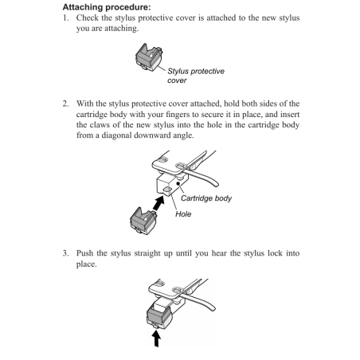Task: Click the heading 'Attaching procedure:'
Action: click(x=107, y=7)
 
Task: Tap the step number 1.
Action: click(x=65, y=18)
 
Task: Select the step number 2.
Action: click(x=65, y=104)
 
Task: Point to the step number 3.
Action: click(x=65, y=253)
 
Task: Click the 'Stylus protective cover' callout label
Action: click(x=196, y=76)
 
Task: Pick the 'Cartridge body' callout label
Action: click(x=206, y=198)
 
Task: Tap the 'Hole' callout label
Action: click(x=183, y=214)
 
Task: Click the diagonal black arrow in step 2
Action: click(x=158, y=203)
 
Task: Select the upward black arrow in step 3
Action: click(x=157, y=338)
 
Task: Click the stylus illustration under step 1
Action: click(x=149, y=57)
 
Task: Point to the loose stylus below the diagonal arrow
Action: click(x=143, y=221)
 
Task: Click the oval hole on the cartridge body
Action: click(x=167, y=189)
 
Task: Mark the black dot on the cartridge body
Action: click(x=178, y=183)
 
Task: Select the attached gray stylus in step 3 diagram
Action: click(x=158, y=315)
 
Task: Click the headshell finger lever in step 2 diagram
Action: click(x=203, y=177)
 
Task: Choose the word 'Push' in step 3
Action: click(x=84, y=253)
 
